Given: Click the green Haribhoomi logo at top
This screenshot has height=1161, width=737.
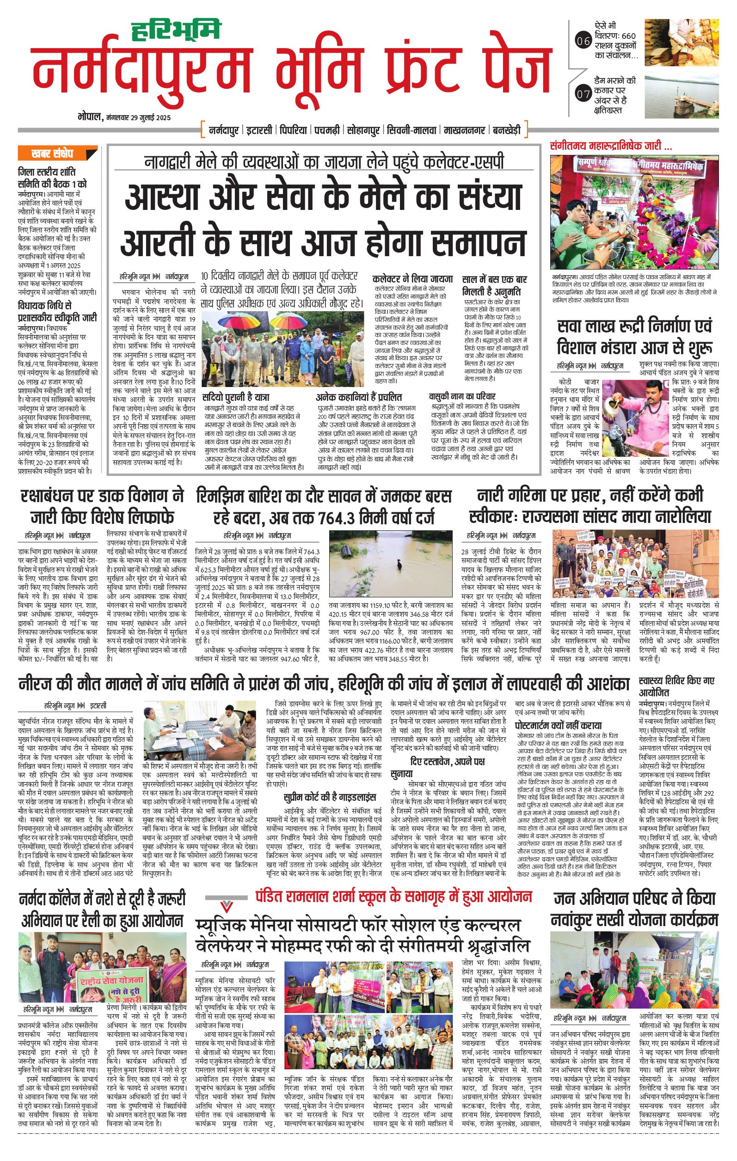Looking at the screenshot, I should point(175,30).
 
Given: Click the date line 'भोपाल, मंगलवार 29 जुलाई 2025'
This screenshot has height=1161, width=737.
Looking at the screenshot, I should point(124,117).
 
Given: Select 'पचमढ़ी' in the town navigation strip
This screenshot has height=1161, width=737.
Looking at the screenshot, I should point(327,130).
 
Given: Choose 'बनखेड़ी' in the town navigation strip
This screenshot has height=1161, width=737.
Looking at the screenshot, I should point(506,130).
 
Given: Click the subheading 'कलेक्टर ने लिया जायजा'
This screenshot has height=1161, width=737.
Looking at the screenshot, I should point(412,279).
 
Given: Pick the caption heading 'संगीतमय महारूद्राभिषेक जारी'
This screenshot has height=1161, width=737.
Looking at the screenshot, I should point(611,147).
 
